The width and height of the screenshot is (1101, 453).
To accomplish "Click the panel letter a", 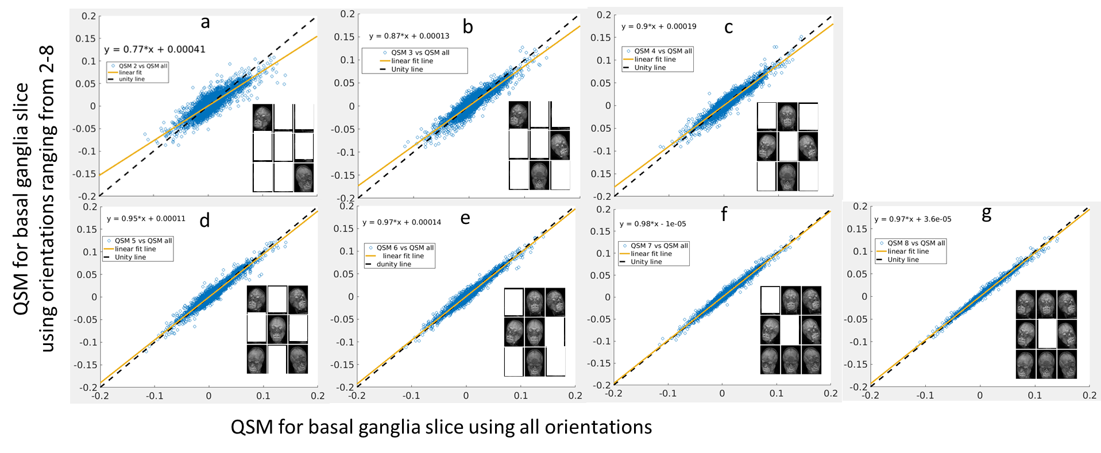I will pos(205,22).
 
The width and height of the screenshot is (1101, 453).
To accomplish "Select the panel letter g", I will pos(986,214).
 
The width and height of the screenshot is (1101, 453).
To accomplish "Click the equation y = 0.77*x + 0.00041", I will pos(154,49).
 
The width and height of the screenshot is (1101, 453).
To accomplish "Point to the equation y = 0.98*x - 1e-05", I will pos(652,224).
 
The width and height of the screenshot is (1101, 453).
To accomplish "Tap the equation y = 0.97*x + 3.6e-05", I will pos(913,219).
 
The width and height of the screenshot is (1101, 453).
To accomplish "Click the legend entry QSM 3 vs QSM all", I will pos(420,53).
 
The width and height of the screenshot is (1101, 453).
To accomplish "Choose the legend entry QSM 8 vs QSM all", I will pos(915,243).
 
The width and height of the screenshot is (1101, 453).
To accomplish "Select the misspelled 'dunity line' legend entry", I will pos(393,265).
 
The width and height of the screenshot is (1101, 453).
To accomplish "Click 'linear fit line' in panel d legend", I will pos(135,249).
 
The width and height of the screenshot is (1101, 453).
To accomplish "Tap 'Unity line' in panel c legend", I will pos(650,68).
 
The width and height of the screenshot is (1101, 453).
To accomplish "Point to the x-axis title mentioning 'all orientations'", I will pos(441,427).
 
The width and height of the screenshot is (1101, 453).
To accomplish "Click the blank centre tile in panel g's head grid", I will pos(1046,334).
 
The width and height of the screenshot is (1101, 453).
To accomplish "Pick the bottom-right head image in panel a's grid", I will pos(304,178).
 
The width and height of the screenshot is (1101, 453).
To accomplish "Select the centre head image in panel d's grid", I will pos(277,329).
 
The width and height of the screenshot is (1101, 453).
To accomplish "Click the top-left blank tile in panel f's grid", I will pos(770,300).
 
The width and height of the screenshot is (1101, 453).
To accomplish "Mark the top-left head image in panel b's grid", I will pos(518,115).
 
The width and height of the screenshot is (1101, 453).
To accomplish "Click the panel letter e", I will pos(465,218).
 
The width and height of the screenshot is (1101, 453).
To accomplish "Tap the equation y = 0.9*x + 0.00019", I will pos(659,26).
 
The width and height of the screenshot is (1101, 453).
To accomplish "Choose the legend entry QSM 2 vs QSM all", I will pos(142,66).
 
